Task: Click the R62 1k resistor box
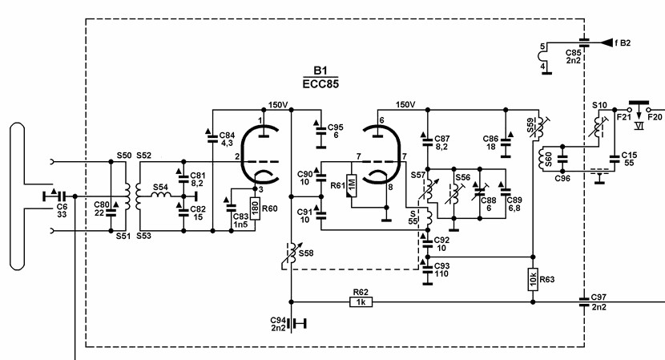point(361,301)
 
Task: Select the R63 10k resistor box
point(533,279)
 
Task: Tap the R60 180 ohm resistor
point(255,209)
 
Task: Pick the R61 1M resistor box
point(352,185)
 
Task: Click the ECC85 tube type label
point(320,84)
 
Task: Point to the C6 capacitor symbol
point(54,196)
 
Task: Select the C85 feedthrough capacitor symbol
point(584,42)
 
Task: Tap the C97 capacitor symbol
point(584,301)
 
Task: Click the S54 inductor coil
point(162,194)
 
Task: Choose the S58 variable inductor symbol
point(292,256)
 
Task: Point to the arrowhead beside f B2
point(607,42)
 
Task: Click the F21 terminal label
point(624,117)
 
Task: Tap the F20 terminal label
point(655,117)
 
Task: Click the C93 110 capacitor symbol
point(428,270)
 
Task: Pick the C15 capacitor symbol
point(615,159)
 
